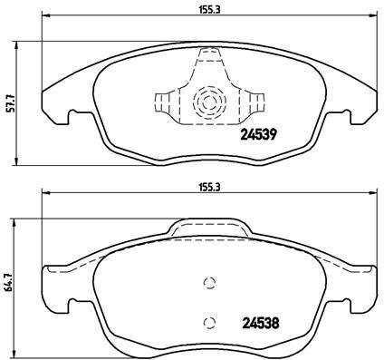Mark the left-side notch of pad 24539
[x=72, y=116]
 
